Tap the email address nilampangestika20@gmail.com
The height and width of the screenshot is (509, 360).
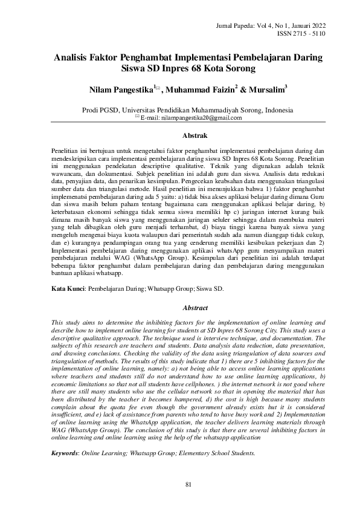point(191,118)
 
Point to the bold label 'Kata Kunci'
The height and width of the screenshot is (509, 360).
point(66,290)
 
